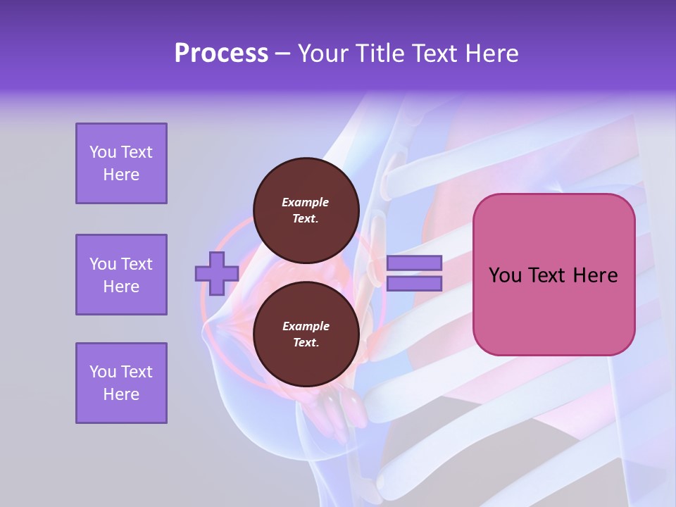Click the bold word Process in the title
221,54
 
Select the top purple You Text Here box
121,163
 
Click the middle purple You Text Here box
121,275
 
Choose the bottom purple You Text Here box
121,383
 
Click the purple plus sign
217,273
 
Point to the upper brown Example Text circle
306,210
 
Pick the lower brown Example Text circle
306,334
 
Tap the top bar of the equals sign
414,263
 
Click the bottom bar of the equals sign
414,283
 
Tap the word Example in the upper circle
306,202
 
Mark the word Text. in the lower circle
306,343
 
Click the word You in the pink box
504,275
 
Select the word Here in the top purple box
121,175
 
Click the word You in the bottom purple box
103,372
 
